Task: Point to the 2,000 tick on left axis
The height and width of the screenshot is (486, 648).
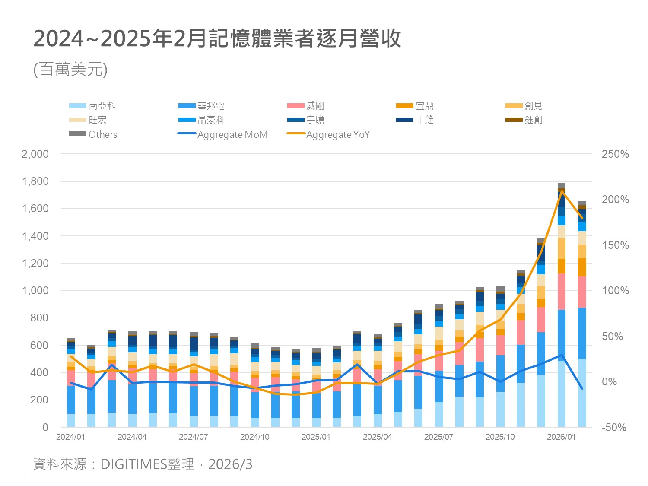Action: [x=35, y=154]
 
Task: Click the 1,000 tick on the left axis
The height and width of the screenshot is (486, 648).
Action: [x=35, y=291]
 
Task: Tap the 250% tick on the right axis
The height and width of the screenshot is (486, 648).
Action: [x=615, y=154]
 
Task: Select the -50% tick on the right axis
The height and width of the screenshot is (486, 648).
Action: [x=614, y=428]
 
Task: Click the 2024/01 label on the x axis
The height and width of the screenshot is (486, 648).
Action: [x=70, y=437]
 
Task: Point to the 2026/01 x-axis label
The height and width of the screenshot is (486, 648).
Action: [x=561, y=437]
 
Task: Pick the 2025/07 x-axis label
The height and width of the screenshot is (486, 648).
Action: [x=438, y=437]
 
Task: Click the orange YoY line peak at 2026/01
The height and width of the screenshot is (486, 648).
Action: [x=562, y=191]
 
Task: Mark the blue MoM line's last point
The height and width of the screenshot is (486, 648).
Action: [x=582, y=388]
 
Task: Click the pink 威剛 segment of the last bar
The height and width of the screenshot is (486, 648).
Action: [x=582, y=292]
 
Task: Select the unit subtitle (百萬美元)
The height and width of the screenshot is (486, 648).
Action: [x=70, y=69]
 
